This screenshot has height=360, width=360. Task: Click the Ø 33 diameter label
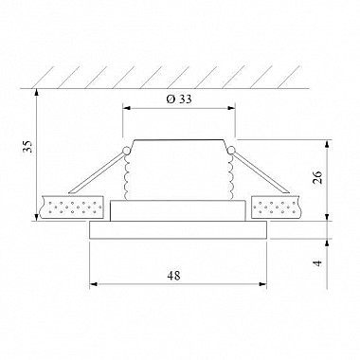click(179, 99)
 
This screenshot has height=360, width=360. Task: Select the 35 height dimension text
click(28, 146)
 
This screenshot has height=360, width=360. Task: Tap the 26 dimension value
click(316, 177)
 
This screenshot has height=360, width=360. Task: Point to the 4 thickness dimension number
click(318, 262)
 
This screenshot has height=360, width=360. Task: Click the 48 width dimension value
click(173, 276)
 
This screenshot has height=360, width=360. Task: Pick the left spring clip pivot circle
click(126, 151)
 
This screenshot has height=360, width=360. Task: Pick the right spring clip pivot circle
click(231, 151)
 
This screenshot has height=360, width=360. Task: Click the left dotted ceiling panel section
click(72, 207)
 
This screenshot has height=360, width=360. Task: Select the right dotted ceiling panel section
click(276, 207)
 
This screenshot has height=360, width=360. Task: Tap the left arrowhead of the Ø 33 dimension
click(126, 108)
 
